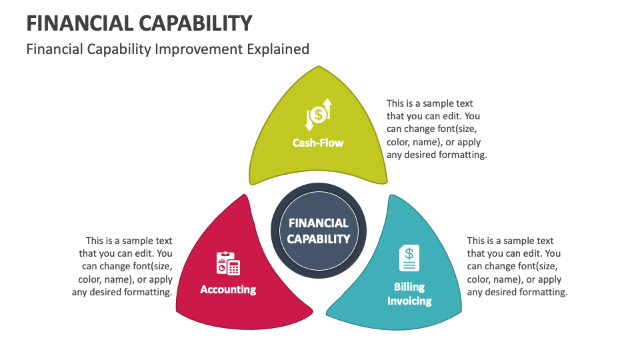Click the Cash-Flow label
(x=318, y=142)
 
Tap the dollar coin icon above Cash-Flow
(x=319, y=115)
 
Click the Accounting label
(x=228, y=289)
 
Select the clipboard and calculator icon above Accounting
(x=228, y=264)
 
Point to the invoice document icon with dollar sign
(x=409, y=258)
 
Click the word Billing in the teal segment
(x=409, y=287)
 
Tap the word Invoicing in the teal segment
(x=409, y=301)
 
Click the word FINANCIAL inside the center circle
(x=319, y=223)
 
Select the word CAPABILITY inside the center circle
(x=319, y=239)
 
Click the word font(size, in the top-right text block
(x=456, y=129)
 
